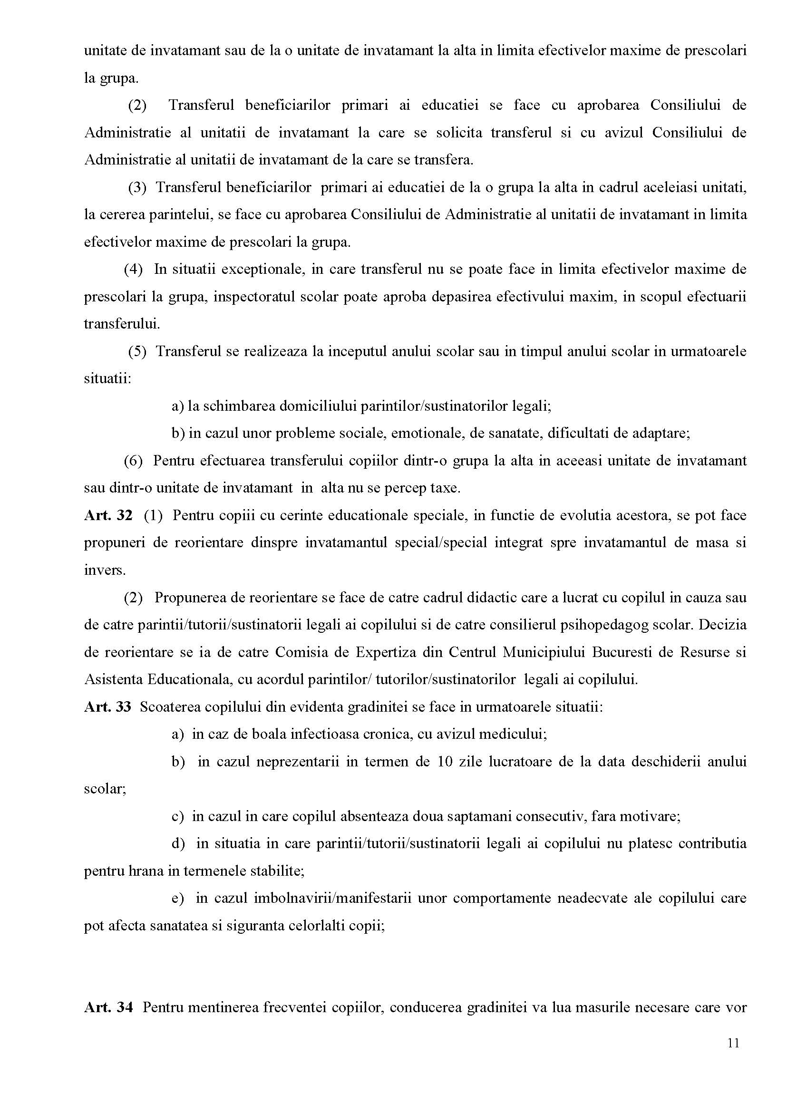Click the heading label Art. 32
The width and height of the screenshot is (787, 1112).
click(x=107, y=515)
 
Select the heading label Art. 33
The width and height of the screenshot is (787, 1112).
click(x=107, y=707)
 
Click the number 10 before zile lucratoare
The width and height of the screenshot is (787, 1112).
click(x=446, y=762)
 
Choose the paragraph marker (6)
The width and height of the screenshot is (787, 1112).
click(x=133, y=461)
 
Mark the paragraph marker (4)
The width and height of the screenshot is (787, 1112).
click(x=133, y=269)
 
